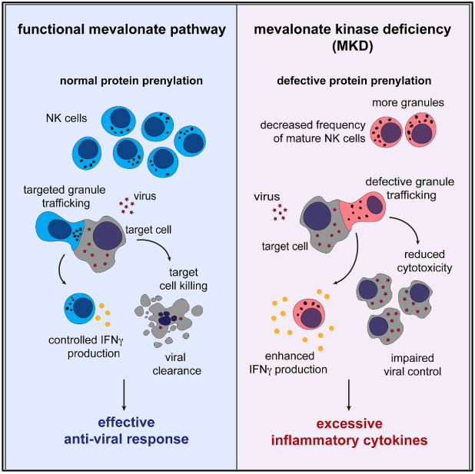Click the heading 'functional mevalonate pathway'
(121, 30)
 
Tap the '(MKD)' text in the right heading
(352, 46)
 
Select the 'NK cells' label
(66, 118)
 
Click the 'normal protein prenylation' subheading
(131, 81)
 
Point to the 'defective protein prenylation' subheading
(354, 81)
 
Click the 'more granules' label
(408, 103)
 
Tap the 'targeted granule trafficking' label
(65, 197)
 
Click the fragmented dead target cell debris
(168, 320)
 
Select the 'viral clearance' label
(177, 364)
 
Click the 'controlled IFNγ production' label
(86, 346)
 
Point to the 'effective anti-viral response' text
(126, 430)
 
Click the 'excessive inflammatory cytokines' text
(349, 432)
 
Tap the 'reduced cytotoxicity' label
(424, 261)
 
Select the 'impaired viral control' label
(412, 365)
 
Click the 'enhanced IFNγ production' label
(288, 363)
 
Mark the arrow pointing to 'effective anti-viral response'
(124, 395)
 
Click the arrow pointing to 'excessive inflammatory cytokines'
(349, 395)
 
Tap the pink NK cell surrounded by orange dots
(309, 314)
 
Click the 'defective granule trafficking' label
(410, 188)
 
